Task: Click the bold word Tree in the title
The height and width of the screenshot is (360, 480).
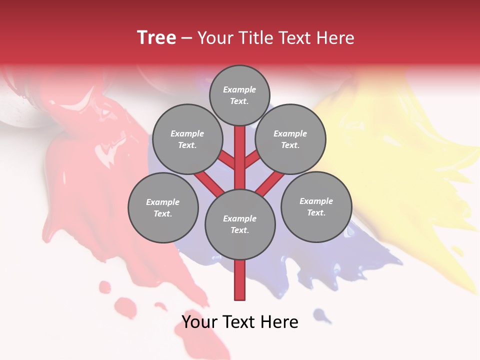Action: click(x=156, y=38)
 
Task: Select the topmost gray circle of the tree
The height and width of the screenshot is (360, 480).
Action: click(x=239, y=95)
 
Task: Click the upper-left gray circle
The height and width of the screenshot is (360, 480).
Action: click(x=187, y=139)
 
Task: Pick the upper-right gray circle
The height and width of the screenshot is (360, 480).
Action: click(x=290, y=139)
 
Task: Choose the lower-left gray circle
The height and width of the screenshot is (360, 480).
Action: click(x=163, y=207)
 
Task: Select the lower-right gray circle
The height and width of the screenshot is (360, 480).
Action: click(x=316, y=206)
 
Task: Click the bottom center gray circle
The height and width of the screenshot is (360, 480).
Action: click(x=240, y=224)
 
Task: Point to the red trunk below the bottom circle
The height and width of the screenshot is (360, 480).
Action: click(x=240, y=280)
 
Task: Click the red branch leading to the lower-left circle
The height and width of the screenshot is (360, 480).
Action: click(x=209, y=183)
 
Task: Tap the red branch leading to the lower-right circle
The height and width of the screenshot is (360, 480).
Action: click(x=270, y=184)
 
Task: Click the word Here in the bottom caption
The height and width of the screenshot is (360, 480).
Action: click(x=280, y=322)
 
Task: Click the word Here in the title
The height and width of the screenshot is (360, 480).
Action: click(x=336, y=38)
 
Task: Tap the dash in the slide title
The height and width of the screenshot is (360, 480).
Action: click(x=186, y=38)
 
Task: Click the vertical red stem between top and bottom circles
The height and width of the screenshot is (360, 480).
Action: click(x=240, y=157)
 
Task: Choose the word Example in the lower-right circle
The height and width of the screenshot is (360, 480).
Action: click(x=316, y=201)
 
